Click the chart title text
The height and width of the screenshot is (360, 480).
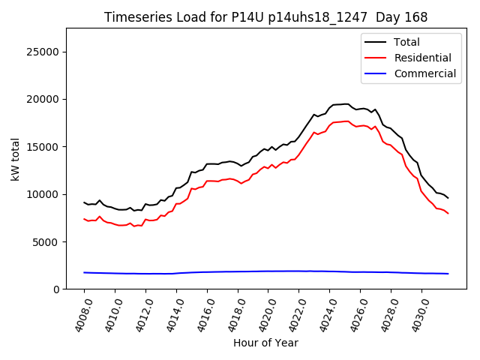(266, 17)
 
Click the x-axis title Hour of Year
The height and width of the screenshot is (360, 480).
(265, 343)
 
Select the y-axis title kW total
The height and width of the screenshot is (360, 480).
(15, 159)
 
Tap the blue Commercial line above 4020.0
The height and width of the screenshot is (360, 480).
(268, 271)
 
